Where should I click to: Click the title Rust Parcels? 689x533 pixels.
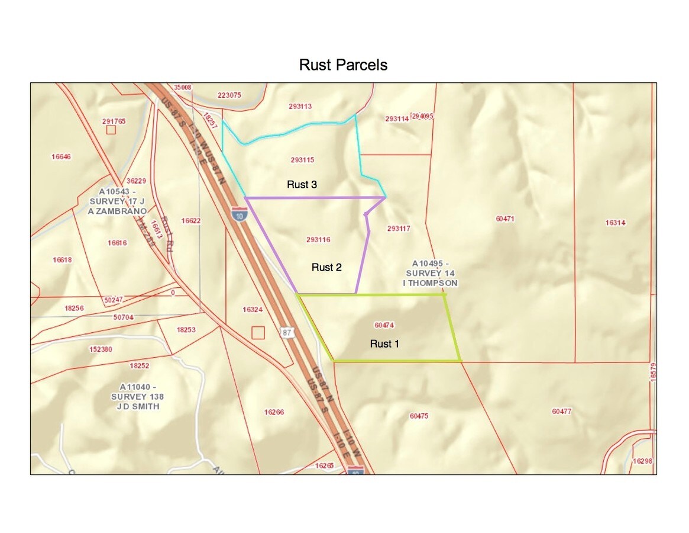pos(343,65)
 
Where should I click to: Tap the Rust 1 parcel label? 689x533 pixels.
pos(384,343)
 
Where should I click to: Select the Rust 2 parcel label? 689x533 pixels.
pos(326,268)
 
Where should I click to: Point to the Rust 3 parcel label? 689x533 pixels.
pos(302,185)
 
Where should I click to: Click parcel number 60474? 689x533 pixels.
pos(384,325)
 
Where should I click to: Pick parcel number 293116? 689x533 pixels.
pos(318,240)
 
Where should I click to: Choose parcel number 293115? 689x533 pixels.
pos(302,160)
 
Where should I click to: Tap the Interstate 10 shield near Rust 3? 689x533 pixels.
pos(238,214)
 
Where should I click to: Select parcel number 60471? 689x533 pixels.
pos(504,219)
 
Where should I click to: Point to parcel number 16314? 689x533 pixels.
pos(615,223)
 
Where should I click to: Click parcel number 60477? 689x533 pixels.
pos(561,411)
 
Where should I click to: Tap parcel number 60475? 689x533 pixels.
pos(418,416)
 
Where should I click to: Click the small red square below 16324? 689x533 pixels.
pos(258,333)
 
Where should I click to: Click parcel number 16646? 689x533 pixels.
pos(61,157)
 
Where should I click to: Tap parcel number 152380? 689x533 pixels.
pos(101,349)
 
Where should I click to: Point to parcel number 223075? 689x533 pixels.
pos(229,95)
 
